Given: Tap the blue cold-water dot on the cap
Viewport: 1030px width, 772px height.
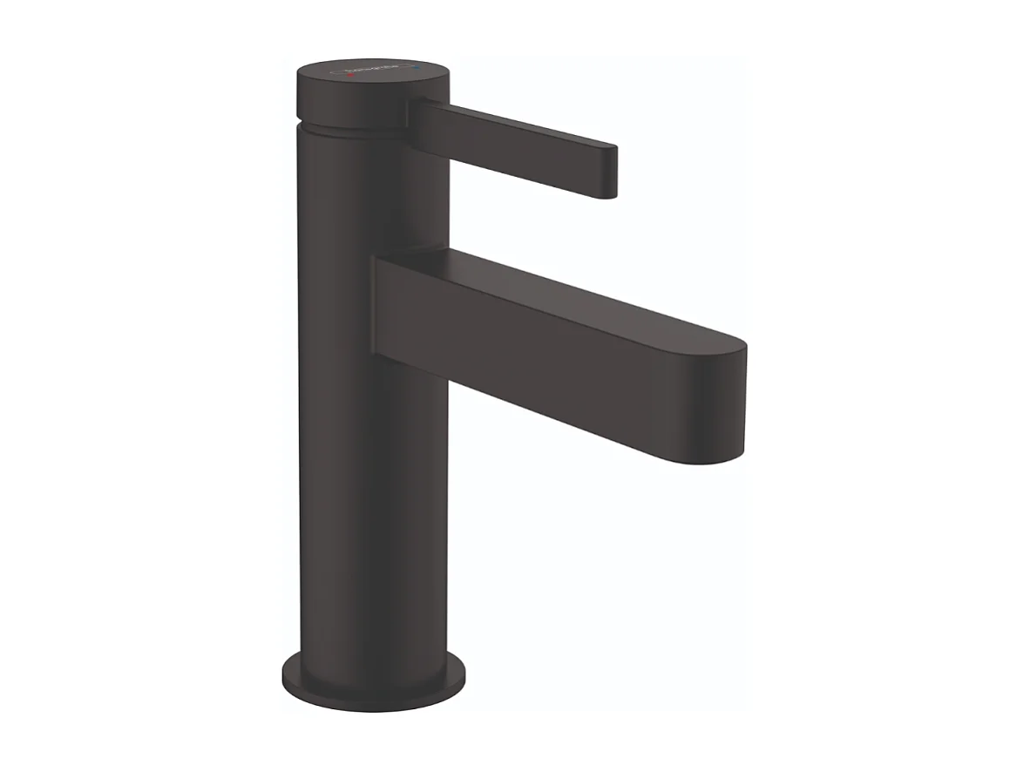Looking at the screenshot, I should click(x=421, y=65).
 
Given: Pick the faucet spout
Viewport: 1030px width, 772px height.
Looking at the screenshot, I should click(x=558, y=349).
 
